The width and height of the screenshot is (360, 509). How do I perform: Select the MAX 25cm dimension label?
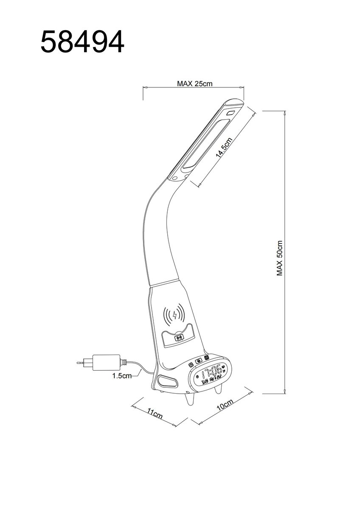tap(194, 84)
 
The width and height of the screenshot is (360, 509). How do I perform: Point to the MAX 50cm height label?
tap(280, 258)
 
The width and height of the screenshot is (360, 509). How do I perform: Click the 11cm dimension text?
tap(155, 414)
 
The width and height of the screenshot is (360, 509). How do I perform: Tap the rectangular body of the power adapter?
tap(106, 362)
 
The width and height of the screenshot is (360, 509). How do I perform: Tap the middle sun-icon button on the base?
tap(198, 361)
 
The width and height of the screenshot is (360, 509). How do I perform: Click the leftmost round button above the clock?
tap(191, 365)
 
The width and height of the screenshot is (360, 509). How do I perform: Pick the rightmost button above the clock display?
tap(206, 358)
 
